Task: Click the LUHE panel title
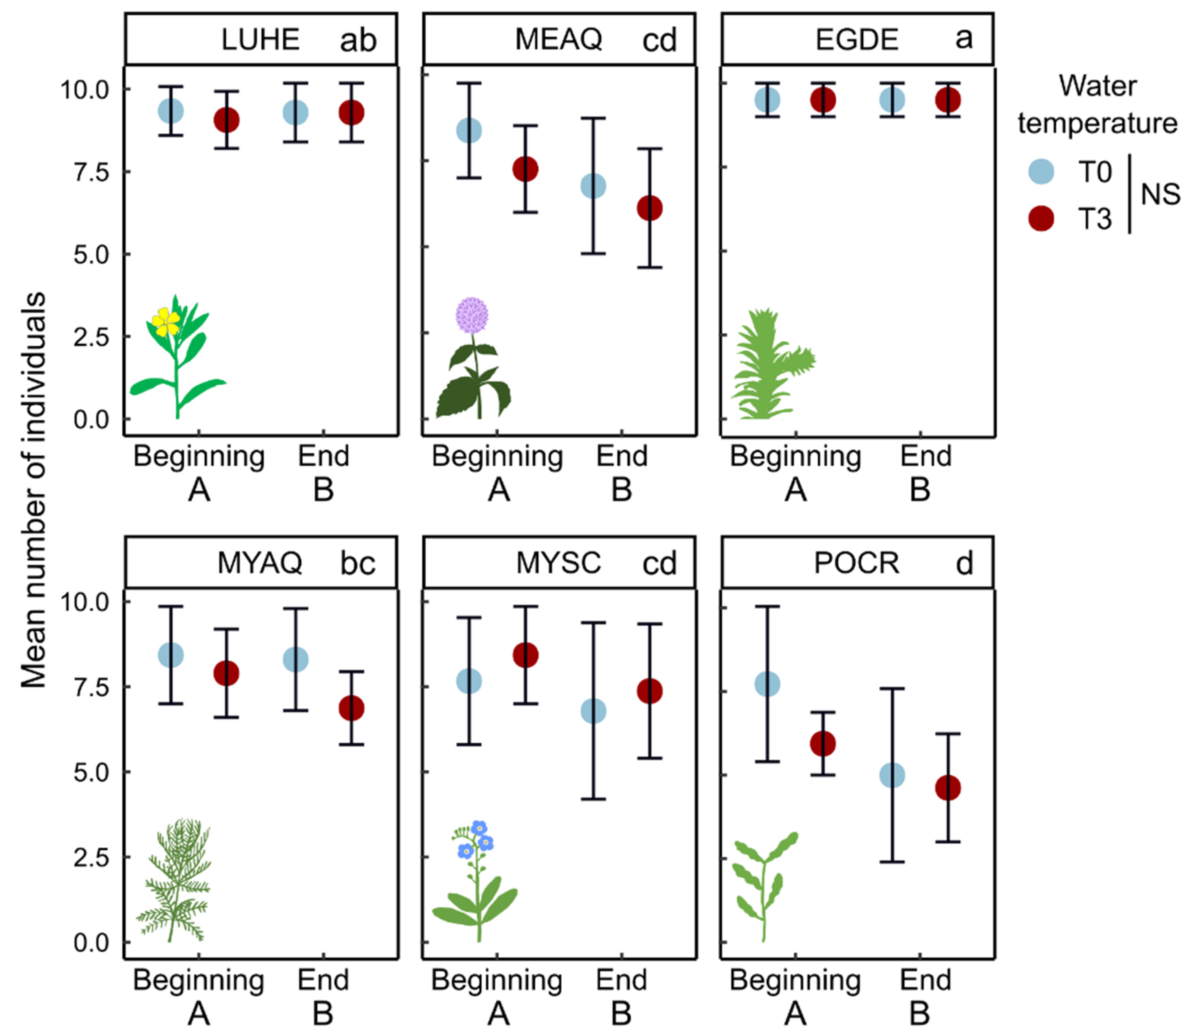[260, 39]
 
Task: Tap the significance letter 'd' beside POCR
[964, 563]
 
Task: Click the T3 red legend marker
[1041, 219]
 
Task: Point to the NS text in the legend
[1160, 195]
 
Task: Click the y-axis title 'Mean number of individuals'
[33, 491]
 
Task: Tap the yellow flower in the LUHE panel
[166, 322]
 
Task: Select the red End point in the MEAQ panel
[650, 208]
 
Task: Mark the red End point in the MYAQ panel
[351, 708]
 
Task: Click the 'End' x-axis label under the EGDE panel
[926, 456]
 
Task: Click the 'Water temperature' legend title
[1097, 104]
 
